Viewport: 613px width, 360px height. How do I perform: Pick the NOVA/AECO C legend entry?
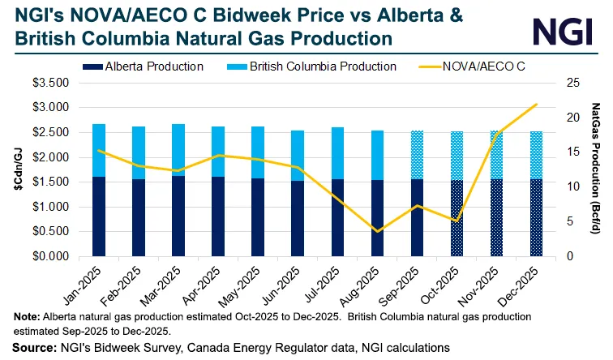[495, 66]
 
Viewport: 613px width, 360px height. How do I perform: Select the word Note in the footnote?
[24, 317]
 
